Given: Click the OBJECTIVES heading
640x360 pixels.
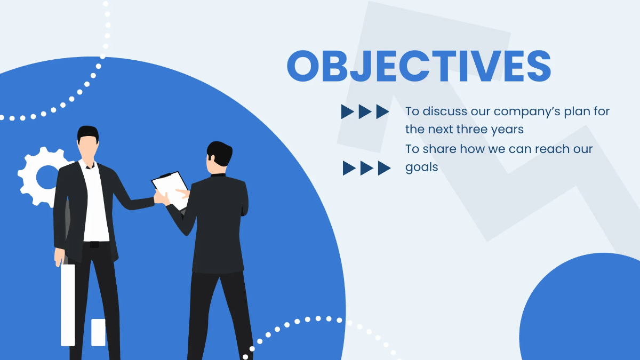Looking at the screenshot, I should coord(419,66).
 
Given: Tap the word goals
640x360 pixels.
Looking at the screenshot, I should coord(421,167).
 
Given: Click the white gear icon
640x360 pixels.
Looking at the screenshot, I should coord(43,176).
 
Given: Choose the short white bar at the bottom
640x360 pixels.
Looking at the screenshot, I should coord(98,332).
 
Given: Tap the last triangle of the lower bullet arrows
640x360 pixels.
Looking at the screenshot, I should coord(384,168).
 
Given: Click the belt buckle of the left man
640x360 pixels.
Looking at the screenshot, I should coord(94,244).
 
